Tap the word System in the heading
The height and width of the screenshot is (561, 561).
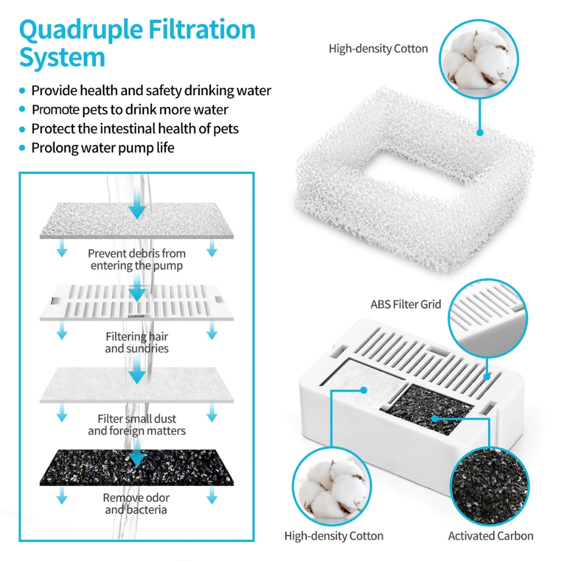62,58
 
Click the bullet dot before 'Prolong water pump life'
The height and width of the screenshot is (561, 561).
22,148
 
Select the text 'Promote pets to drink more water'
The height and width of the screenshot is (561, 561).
130,109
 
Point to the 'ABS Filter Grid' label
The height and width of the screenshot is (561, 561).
406,305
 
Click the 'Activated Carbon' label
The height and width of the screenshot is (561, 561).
490,536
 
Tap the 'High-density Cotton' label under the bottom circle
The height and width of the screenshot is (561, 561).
334,536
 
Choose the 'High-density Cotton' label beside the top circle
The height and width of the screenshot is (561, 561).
378,49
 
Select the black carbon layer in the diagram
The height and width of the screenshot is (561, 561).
136,467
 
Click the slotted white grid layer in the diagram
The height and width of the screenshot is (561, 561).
136,302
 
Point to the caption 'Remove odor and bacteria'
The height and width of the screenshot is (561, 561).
136,504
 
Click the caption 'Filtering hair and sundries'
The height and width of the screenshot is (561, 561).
136,342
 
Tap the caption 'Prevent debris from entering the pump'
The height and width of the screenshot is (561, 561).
136,260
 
